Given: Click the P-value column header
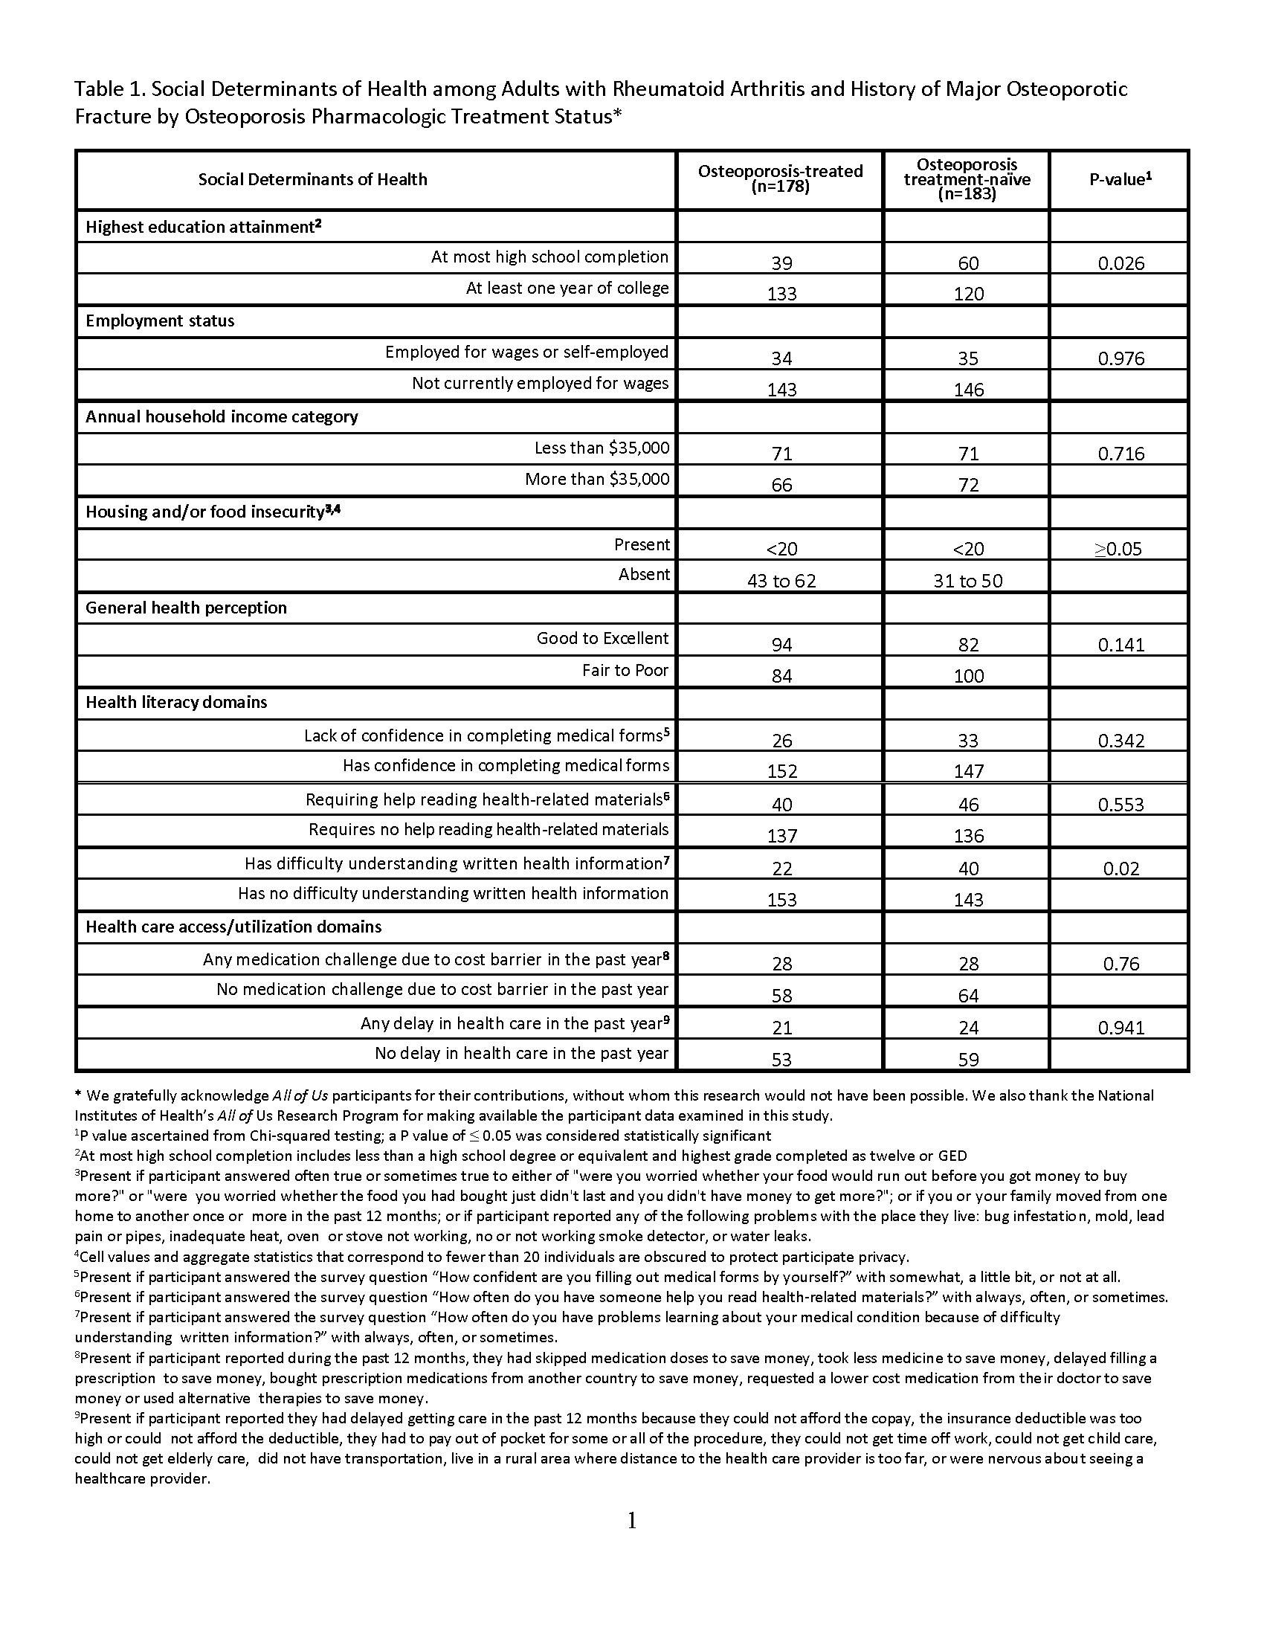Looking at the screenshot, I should pos(1120,179).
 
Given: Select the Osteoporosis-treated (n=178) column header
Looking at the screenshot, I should pos(780,178).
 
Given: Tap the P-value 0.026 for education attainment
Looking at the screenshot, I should pos(1121,263).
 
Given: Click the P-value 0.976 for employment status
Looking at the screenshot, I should pos(1121,358).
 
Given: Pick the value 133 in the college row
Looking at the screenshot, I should pos(781,294).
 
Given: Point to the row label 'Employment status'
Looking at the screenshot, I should pos(161,321).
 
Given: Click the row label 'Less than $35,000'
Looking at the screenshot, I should pos(602,448).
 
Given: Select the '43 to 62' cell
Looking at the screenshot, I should pos(781,581).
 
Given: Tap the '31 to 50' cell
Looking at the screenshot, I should pos(967,581).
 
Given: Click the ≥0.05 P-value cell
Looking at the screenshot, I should pos(1118,549).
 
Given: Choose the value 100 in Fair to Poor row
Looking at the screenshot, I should pos(968,676).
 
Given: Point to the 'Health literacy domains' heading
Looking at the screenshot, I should pos(176,702).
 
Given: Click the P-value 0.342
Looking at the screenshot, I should pos(1121,741).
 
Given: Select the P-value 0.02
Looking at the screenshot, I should pos(1121,869).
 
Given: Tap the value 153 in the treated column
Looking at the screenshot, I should pos(781,900).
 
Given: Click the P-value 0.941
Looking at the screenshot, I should pos(1121,1028).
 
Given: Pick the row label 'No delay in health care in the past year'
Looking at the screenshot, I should pos(521,1053).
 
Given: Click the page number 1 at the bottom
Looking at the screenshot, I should pos(631,1520).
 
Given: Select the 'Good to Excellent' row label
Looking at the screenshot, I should pos(602,638).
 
